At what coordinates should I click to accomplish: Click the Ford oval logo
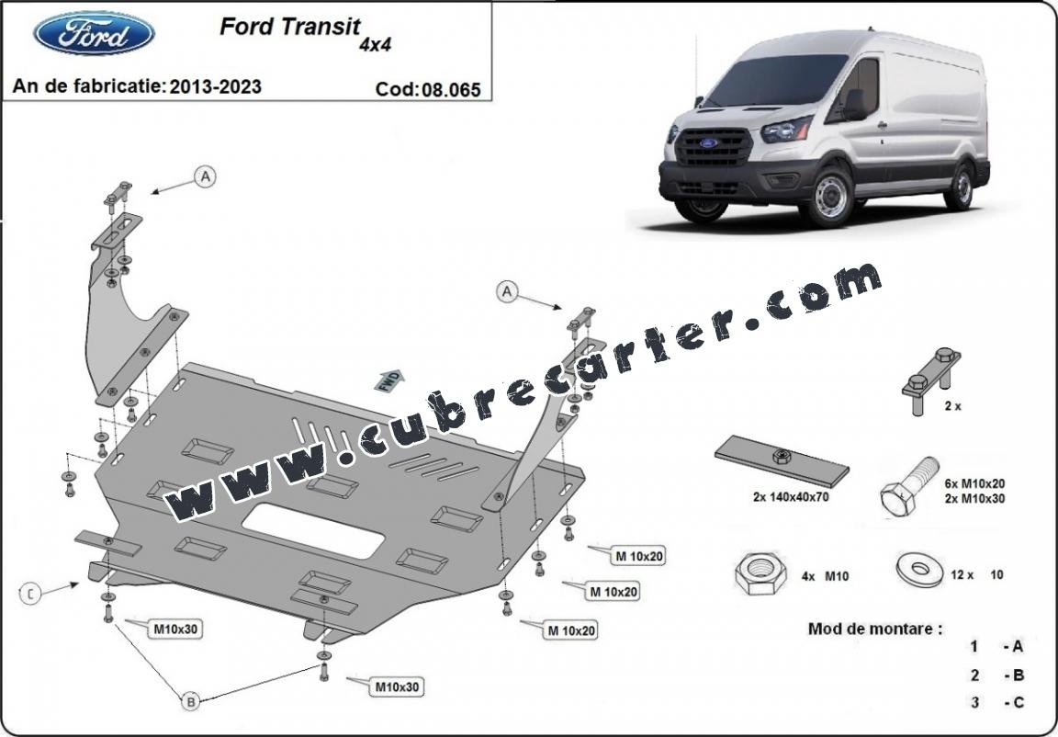94,33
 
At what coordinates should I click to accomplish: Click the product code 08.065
452,90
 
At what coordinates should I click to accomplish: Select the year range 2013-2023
215,86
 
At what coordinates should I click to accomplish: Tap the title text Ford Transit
290,27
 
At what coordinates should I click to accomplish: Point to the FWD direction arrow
389,380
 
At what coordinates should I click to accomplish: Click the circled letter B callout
191,702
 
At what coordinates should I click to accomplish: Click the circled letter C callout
30,594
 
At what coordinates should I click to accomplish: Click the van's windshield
776,80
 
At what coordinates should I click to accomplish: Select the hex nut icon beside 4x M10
761,574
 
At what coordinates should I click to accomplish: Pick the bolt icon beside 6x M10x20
909,487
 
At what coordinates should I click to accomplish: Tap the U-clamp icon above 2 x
931,380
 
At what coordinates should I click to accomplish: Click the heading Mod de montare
875,629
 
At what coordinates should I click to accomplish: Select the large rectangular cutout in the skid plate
314,530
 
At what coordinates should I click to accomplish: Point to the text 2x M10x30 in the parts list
974,499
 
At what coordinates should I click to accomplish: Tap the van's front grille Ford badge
708,143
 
